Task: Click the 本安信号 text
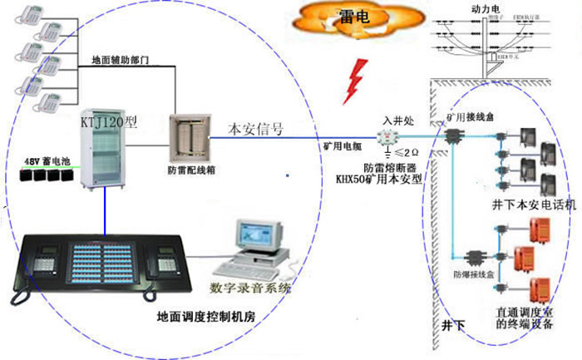(256, 130)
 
